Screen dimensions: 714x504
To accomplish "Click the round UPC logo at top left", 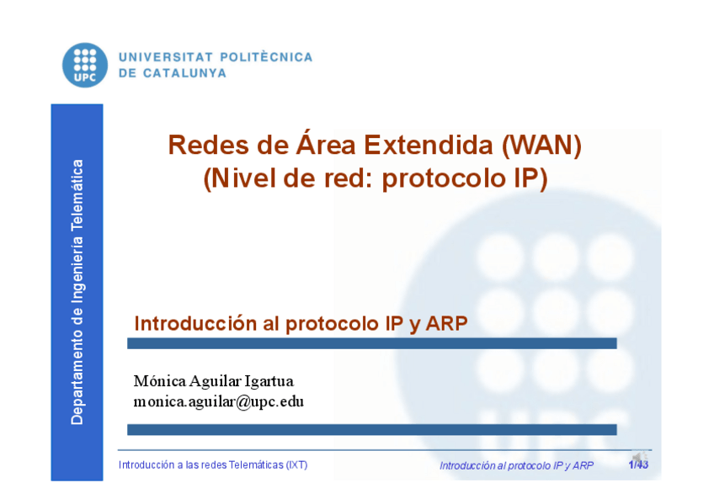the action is pyautogui.click(x=85, y=65).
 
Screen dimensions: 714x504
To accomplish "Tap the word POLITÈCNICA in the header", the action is pyautogui.click(x=266, y=57).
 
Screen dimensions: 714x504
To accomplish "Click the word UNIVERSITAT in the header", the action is pyautogui.click(x=166, y=57).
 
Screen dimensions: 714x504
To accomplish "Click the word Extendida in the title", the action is pyautogui.click(x=429, y=145).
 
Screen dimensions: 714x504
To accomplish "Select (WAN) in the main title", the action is pyautogui.click(x=542, y=146).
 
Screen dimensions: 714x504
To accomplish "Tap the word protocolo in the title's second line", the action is pyautogui.click(x=444, y=178).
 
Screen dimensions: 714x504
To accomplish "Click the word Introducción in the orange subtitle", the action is pyautogui.click(x=195, y=323).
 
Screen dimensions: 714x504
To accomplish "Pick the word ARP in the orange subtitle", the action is pyautogui.click(x=446, y=323).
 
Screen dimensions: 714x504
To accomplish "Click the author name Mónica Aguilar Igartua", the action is pyautogui.click(x=214, y=381).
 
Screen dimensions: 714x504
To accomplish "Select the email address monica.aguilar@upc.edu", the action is pyautogui.click(x=219, y=401).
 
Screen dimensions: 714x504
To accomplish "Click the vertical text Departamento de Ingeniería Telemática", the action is pyautogui.click(x=77, y=292).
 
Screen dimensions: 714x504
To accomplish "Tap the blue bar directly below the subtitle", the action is pyautogui.click(x=371, y=343).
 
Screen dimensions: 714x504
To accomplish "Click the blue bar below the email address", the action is pyautogui.click(x=371, y=430).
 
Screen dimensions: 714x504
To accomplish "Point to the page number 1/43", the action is pyautogui.click(x=638, y=464).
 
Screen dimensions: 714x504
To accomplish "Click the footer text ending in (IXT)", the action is pyautogui.click(x=213, y=465).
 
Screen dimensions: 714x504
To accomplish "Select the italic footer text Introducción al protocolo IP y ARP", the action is pyautogui.click(x=516, y=465).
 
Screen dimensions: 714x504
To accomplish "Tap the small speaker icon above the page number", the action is pyautogui.click(x=639, y=456).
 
